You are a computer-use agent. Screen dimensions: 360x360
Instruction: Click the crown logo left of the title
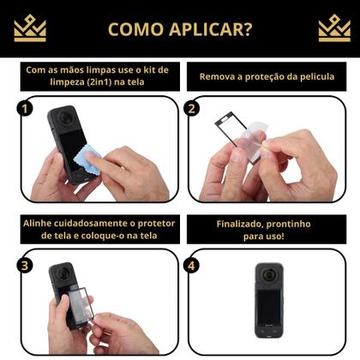(x=30, y=28)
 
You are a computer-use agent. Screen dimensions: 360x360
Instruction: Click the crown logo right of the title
(x=333, y=28)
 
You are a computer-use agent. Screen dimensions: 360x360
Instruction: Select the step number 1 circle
(x=26, y=110)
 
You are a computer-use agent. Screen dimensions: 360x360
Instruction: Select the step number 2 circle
(x=193, y=110)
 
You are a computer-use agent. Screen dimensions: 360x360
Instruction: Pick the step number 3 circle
(x=26, y=265)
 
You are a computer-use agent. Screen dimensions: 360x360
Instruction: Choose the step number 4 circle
(x=193, y=265)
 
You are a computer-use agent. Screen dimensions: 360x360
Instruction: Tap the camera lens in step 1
(x=66, y=120)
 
